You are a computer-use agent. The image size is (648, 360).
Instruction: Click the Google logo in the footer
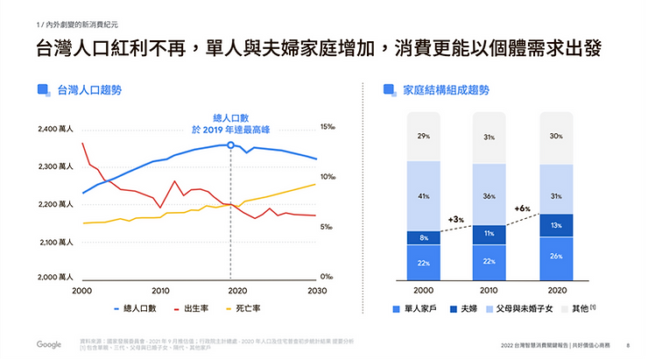49,345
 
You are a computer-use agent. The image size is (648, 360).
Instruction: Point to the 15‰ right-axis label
327,127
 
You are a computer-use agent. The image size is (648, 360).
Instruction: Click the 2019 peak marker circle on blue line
230,145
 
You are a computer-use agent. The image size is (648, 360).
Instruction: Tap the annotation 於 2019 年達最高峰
230,130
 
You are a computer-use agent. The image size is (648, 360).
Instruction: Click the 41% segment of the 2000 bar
424,195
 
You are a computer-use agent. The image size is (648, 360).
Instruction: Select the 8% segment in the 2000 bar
424,237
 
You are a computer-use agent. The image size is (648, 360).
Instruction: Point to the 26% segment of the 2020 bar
556,256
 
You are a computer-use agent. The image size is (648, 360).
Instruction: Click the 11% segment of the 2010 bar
490,235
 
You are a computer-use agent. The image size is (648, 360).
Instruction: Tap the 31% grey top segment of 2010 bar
490,138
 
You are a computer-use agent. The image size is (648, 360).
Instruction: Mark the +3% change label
455,219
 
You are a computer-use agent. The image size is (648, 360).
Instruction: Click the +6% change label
523,208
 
